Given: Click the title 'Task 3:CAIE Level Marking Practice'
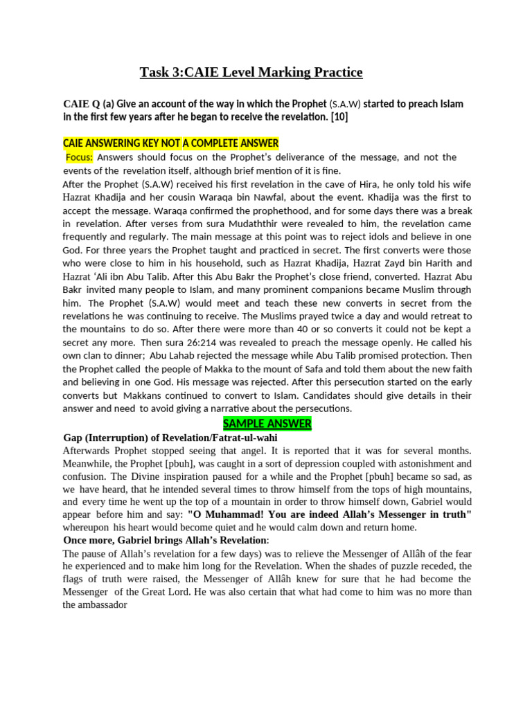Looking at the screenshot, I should (x=251, y=72).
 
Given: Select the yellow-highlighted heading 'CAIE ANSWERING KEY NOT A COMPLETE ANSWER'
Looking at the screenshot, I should (x=170, y=143).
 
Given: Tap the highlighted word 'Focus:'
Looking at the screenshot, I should (x=79, y=157).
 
